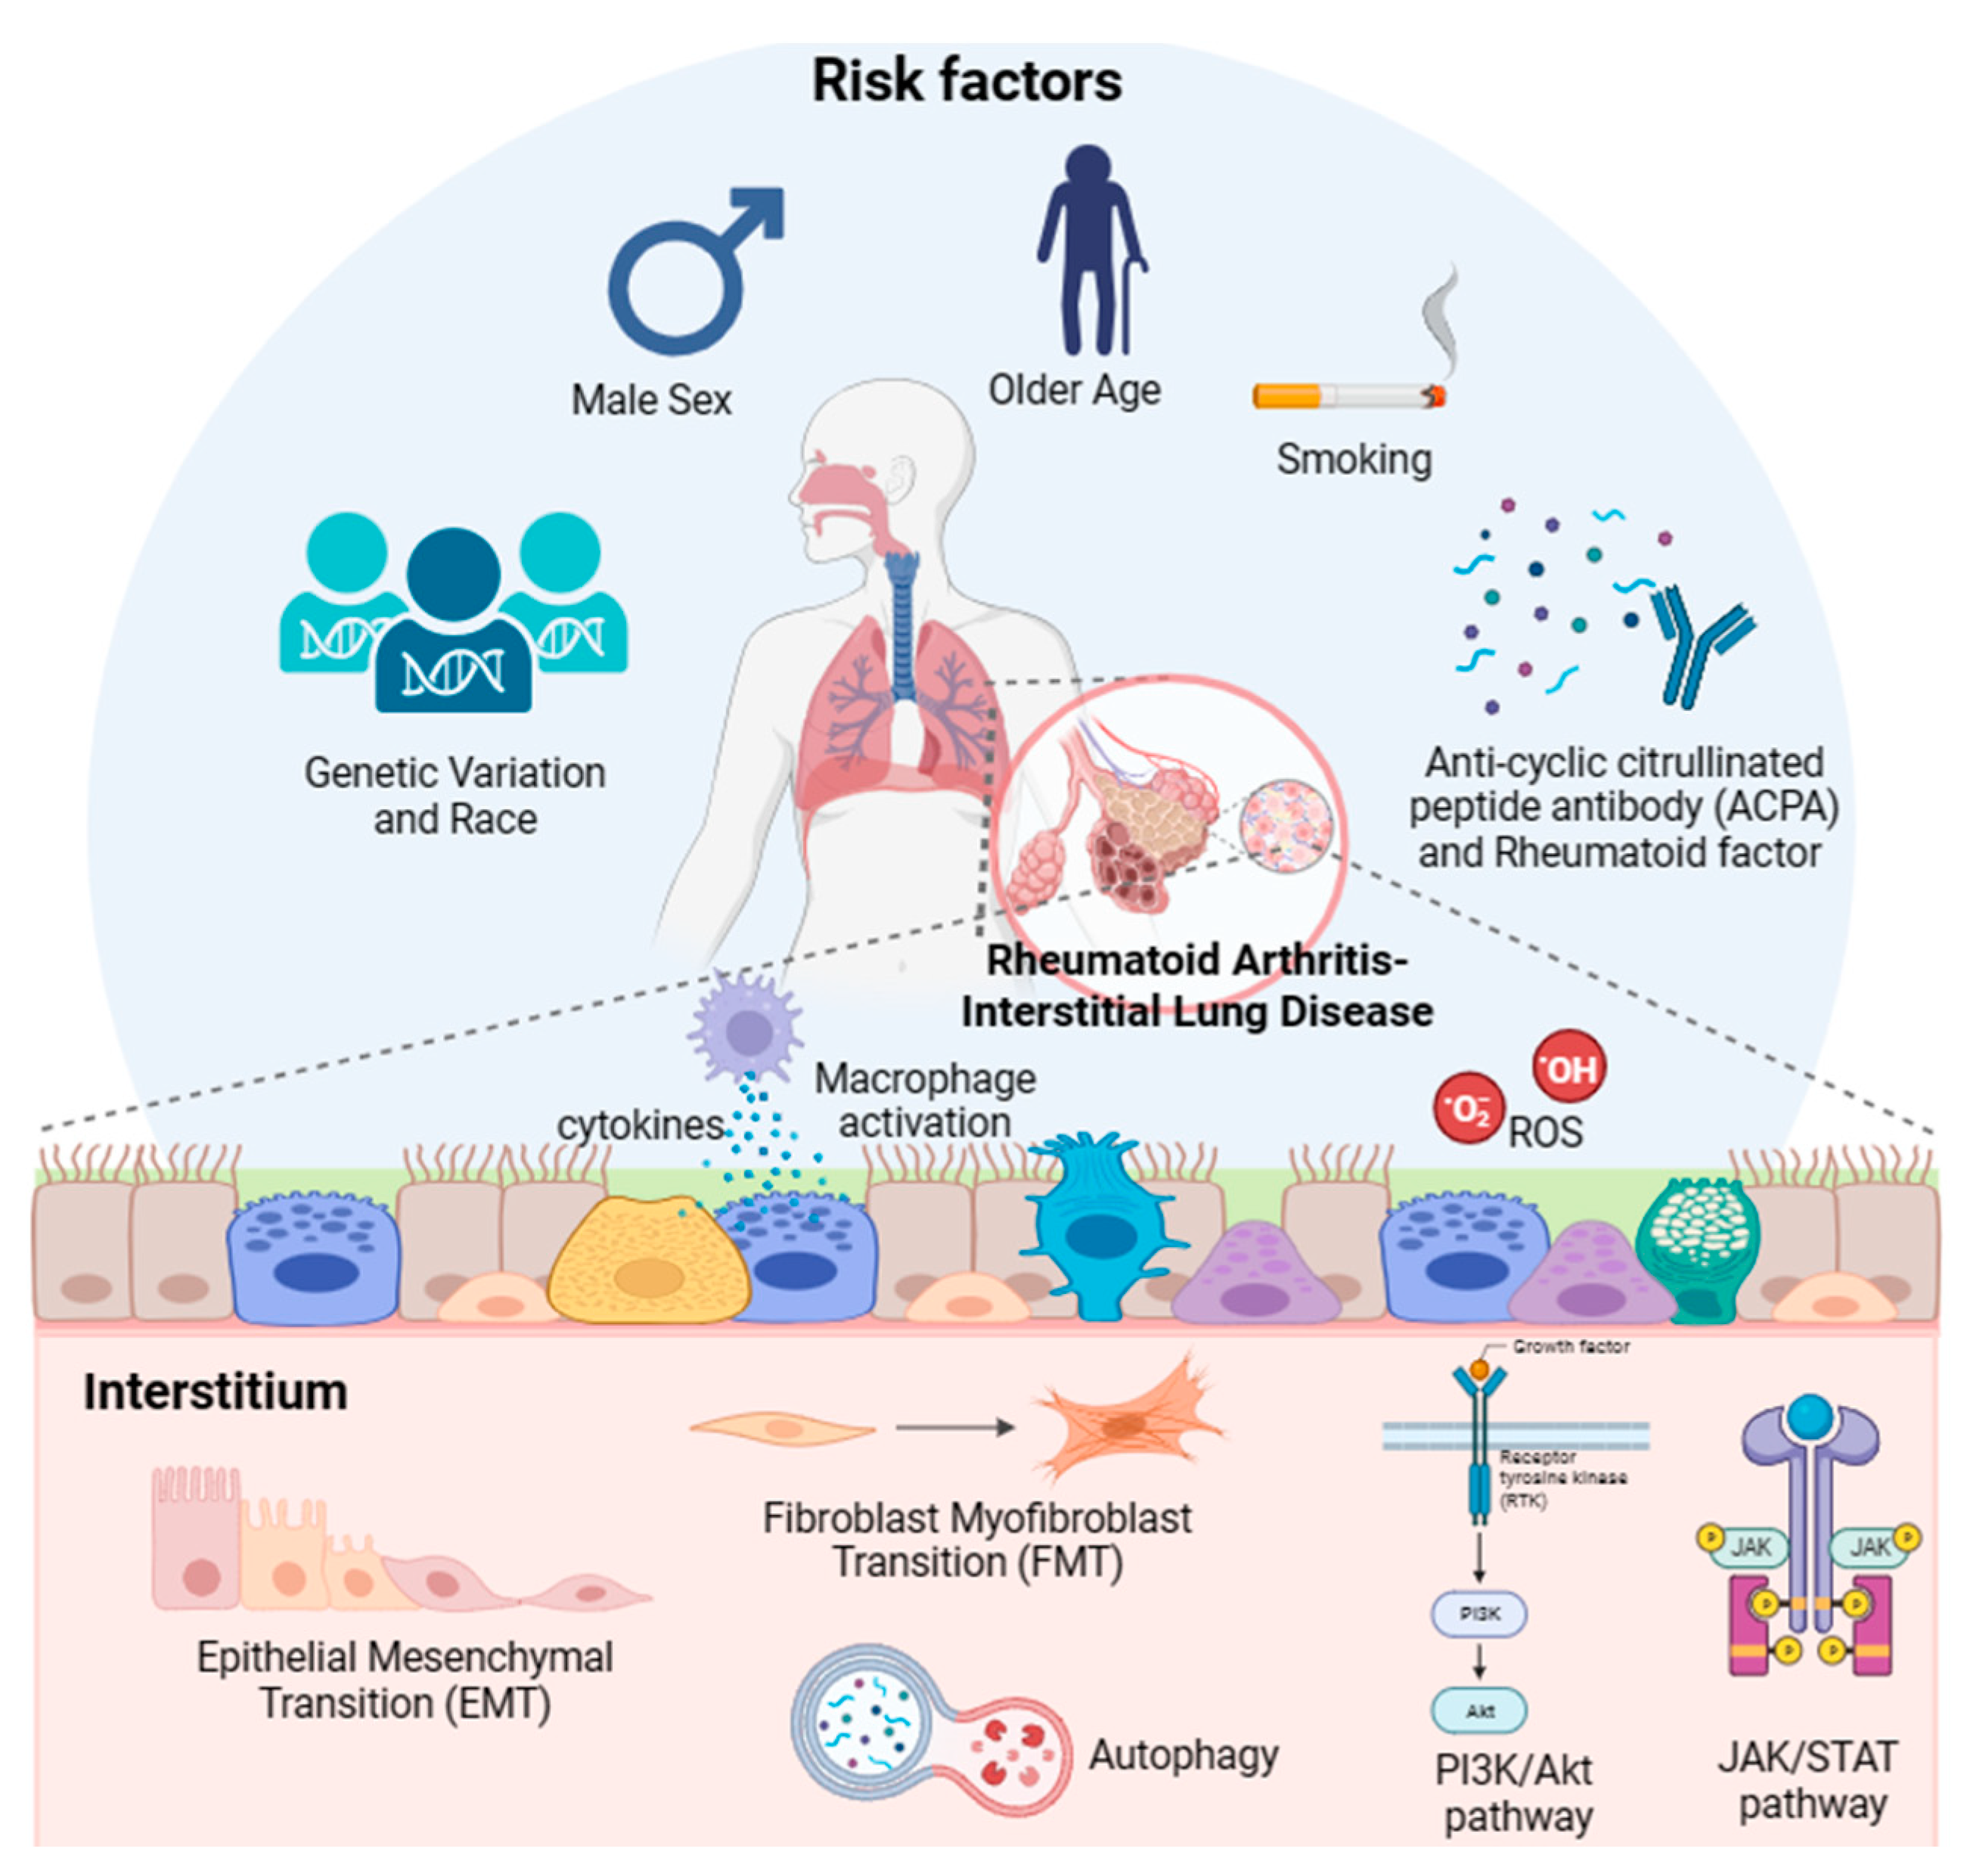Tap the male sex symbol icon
tap(689, 275)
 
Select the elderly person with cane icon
tap(1089, 250)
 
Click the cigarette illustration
tap(1348, 396)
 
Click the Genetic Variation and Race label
tap(455, 796)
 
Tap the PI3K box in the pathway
tap(1479, 1613)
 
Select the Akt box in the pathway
tap(1479, 1711)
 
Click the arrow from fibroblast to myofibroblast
tap(955, 1428)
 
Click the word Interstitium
tap(215, 1392)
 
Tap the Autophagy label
tap(1183, 1755)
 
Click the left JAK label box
tap(1750, 1547)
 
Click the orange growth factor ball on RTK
tap(1479, 1369)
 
